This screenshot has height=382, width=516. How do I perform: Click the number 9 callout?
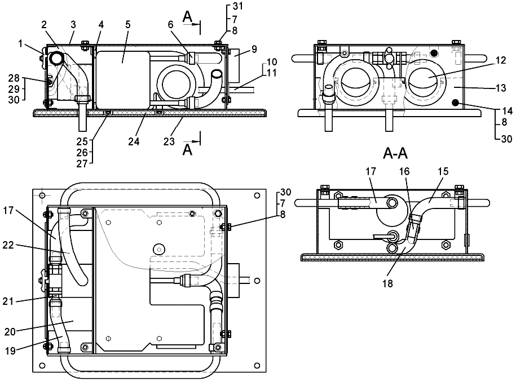(254, 49)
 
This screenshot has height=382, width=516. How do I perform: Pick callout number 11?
(272, 73)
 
